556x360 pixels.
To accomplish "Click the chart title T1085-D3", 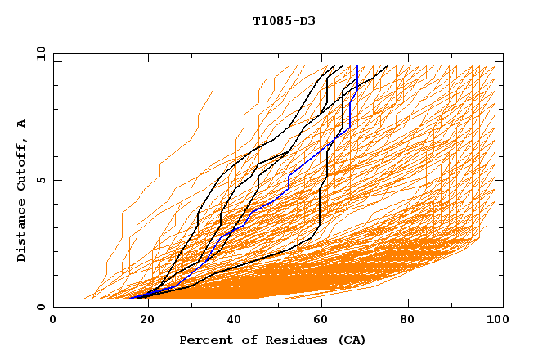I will click(284, 20).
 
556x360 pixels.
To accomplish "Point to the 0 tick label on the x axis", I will click(53, 321).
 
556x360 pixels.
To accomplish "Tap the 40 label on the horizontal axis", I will click(235, 321).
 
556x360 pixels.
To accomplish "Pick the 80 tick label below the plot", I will click(406, 321).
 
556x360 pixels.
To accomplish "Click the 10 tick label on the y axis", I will click(40, 53).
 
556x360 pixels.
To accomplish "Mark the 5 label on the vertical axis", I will click(40, 180).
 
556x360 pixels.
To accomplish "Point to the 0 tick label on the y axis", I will click(40, 307).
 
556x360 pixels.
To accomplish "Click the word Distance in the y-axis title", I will click(21, 232).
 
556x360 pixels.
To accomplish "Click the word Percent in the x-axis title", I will click(203, 340).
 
